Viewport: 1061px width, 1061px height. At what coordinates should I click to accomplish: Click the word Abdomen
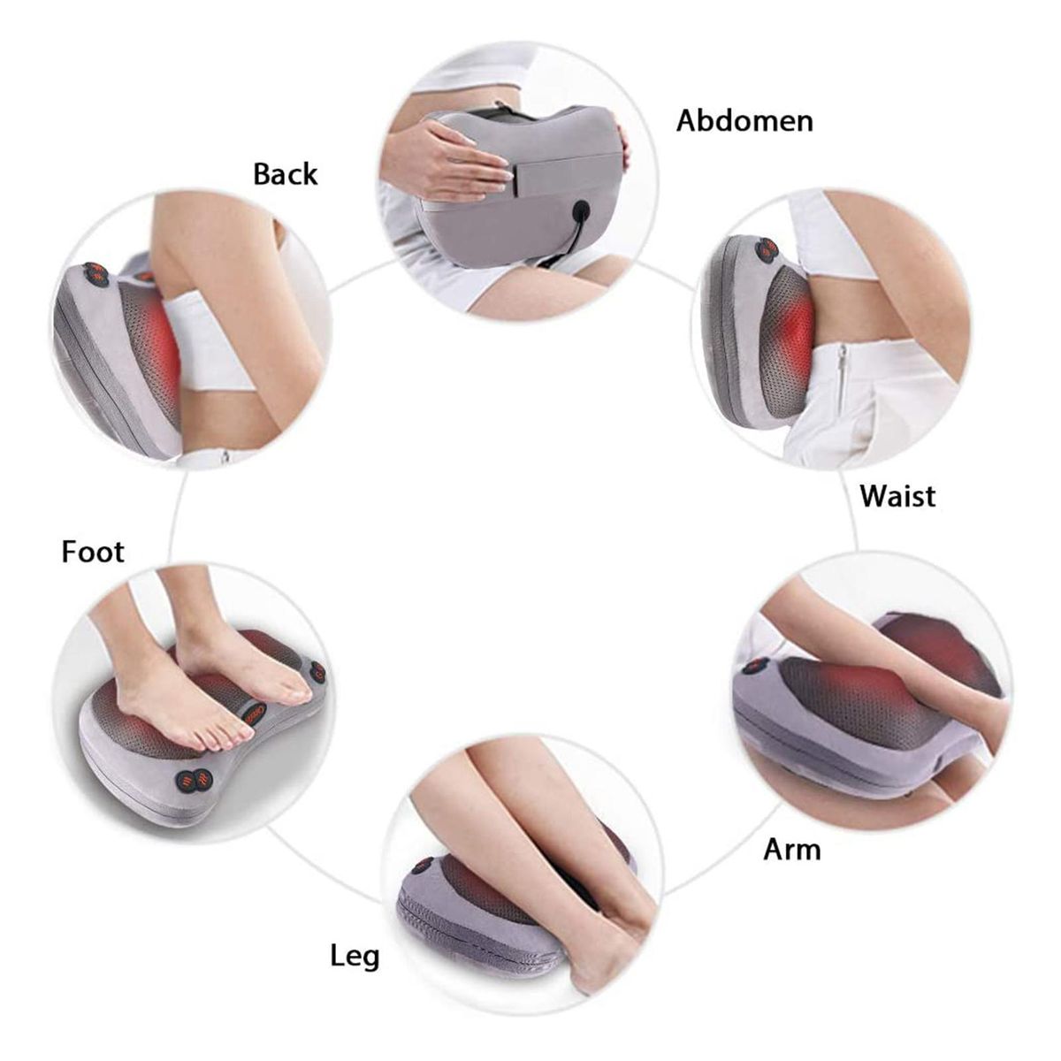coord(744,120)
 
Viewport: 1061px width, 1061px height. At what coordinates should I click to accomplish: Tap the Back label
coord(286,174)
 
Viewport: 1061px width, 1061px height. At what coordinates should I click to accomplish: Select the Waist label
coord(897,496)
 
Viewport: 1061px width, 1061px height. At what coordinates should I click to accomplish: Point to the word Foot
coord(93,552)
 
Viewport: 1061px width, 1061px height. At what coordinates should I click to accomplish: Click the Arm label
coord(791,850)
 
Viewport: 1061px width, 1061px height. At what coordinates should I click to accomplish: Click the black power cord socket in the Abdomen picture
coord(580,210)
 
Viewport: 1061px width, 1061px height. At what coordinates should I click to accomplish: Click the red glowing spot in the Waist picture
coord(798,332)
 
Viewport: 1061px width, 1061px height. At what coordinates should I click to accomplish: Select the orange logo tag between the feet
coord(253,714)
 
